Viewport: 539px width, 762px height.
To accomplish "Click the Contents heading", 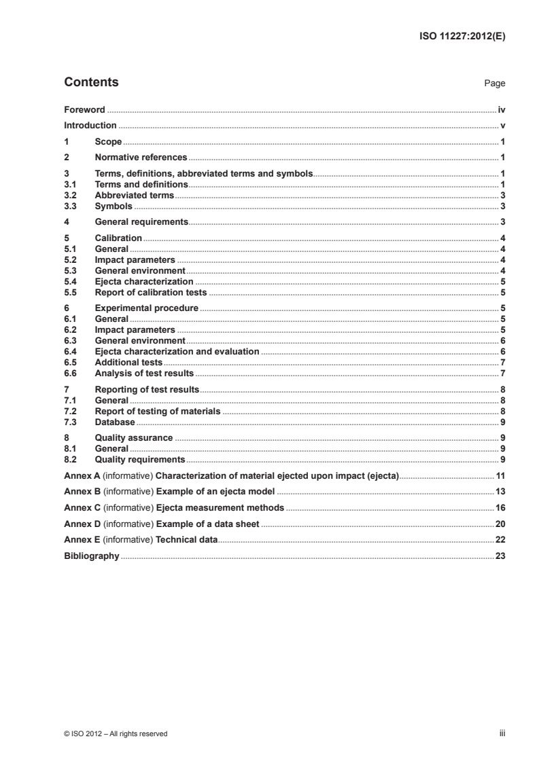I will [91, 83].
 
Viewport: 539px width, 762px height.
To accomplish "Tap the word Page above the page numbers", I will [494, 84].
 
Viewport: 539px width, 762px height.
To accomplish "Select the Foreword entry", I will [84, 109].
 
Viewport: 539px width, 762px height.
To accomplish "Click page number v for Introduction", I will [502, 126].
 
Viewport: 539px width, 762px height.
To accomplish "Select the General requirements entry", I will [141, 221].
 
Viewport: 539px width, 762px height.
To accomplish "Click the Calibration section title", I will [118, 238].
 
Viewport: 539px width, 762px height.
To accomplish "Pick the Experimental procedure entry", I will [146, 308].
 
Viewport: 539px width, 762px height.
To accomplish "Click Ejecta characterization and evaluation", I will [177, 352].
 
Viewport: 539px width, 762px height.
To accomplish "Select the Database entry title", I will [116, 422].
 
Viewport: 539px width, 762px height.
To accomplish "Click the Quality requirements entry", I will [139, 460].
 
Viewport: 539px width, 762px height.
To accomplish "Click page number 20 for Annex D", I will [500, 524].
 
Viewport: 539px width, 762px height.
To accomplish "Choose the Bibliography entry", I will [92, 556].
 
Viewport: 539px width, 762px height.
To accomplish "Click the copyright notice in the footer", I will [116, 733].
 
